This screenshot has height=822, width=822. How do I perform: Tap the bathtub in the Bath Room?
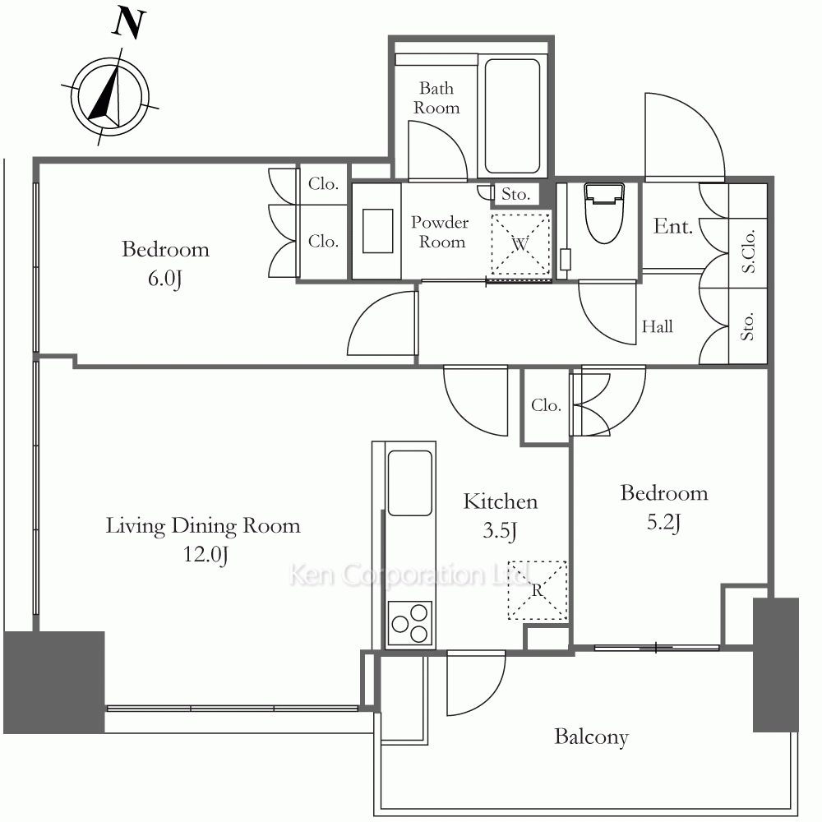pyautogui.click(x=512, y=116)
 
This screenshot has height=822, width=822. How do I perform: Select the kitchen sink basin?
pyautogui.click(x=409, y=483)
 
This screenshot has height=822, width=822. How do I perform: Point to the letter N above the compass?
pyautogui.click(x=128, y=23)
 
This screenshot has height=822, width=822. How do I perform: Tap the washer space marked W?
pyautogui.click(x=520, y=244)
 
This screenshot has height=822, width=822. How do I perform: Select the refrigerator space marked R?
pyautogui.click(x=538, y=591)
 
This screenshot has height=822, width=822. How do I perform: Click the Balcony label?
pyautogui.click(x=591, y=737)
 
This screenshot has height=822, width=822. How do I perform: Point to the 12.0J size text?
pyautogui.click(x=205, y=555)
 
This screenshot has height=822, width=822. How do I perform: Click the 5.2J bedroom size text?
pyautogui.click(x=663, y=522)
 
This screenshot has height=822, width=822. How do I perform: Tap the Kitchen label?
pyautogui.click(x=501, y=501)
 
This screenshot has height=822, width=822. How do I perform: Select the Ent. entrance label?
pyautogui.click(x=673, y=227)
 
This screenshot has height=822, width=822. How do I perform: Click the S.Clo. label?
pyautogui.click(x=748, y=251)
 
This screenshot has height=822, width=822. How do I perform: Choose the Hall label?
pyautogui.click(x=658, y=326)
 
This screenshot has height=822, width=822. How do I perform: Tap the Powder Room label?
pyautogui.click(x=440, y=232)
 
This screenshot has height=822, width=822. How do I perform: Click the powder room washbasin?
pyautogui.click(x=377, y=231)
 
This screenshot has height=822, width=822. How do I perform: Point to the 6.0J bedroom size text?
pyautogui.click(x=164, y=279)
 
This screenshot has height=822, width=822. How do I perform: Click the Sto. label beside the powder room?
pyautogui.click(x=516, y=195)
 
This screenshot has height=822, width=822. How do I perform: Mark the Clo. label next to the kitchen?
pyautogui.click(x=546, y=405)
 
